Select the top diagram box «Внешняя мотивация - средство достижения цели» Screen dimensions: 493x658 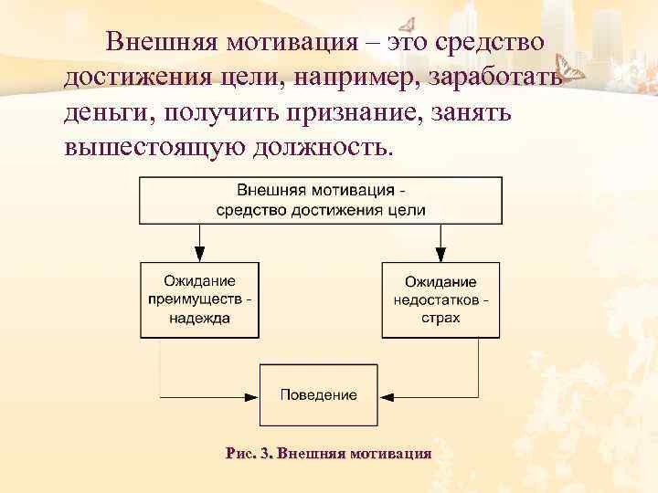pos(321,201)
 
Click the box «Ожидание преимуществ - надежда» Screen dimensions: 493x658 pos(198,299)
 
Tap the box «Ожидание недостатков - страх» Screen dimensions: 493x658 pos(441,299)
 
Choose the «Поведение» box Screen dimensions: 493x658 pos(319,395)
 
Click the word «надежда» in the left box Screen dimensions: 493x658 pos(198,319)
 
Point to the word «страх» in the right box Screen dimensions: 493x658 pos(441,319)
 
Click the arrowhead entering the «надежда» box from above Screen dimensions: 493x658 pos(198,257)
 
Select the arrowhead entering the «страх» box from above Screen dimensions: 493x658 pos(441,257)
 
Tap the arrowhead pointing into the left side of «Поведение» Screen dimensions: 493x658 pos(253,396)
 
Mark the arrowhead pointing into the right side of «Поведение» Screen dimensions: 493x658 pos(385,396)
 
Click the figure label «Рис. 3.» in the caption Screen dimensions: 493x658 pos(248,453)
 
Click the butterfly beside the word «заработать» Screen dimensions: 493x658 pos(575,72)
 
